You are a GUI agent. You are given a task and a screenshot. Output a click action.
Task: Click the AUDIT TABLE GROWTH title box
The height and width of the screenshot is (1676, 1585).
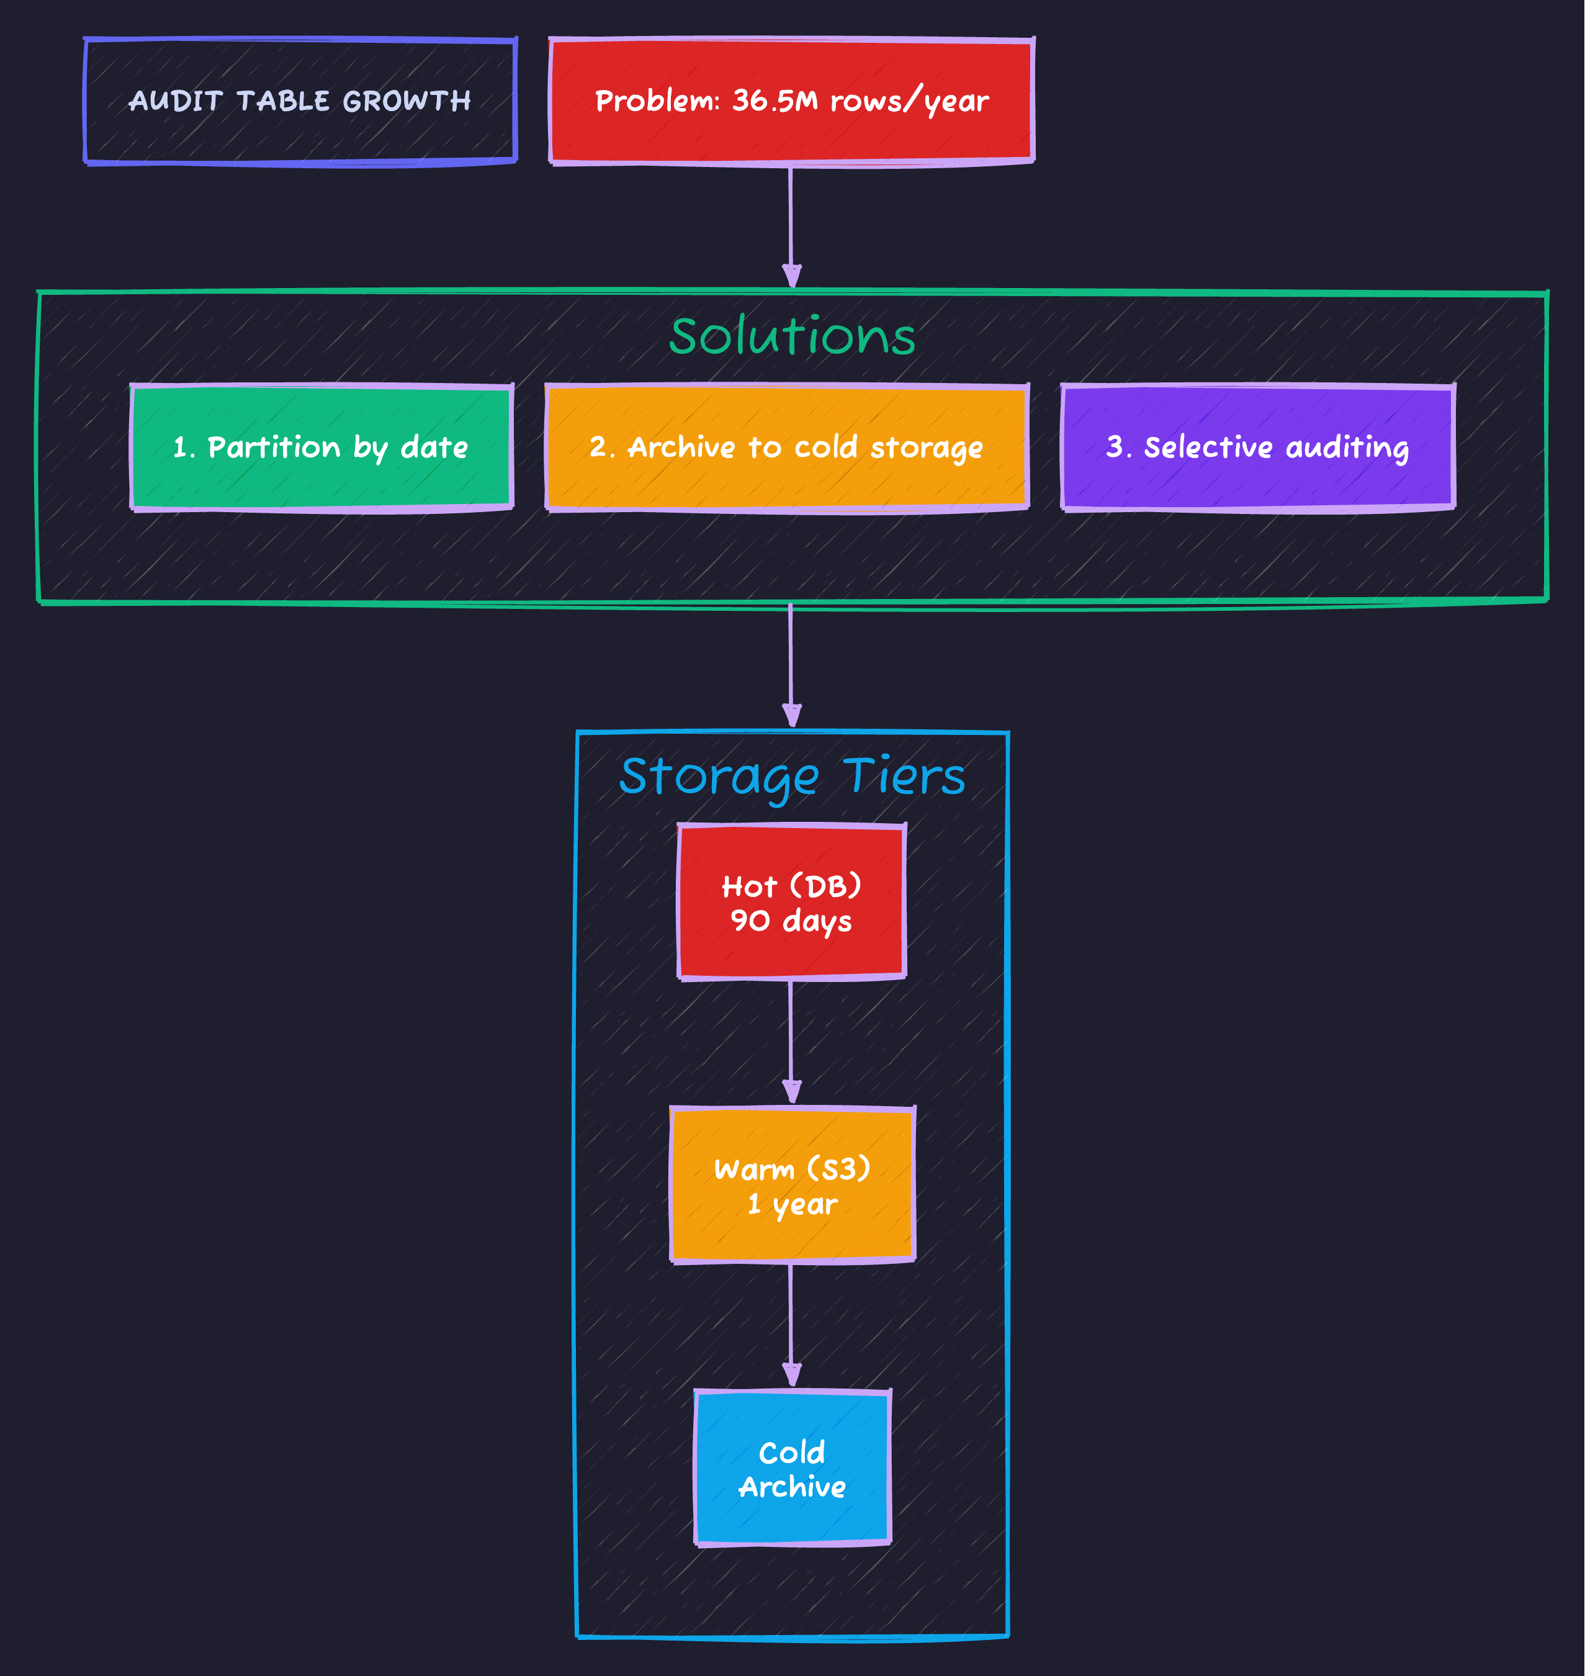pyautogui.click(x=300, y=101)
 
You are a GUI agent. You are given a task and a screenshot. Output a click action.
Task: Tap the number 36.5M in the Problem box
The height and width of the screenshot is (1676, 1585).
pyautogui.click(x=775, y=101)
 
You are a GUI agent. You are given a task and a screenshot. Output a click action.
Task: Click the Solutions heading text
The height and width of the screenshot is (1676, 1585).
pyautogui.click(x=792, y=336)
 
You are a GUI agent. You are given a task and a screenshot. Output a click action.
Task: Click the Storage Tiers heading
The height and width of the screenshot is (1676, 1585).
pyautogui.click(x=792, y=776)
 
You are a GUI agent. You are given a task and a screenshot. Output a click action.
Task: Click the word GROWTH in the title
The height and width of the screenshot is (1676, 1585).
pyautogui.click(x=406, y=101)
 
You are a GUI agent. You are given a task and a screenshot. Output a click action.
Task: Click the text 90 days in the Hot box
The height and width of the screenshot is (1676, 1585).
pyautogui.click(x=792, y=921)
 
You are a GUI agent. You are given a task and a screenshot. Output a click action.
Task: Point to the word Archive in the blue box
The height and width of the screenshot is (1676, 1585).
pyautogui.click(x=792, y=1487)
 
